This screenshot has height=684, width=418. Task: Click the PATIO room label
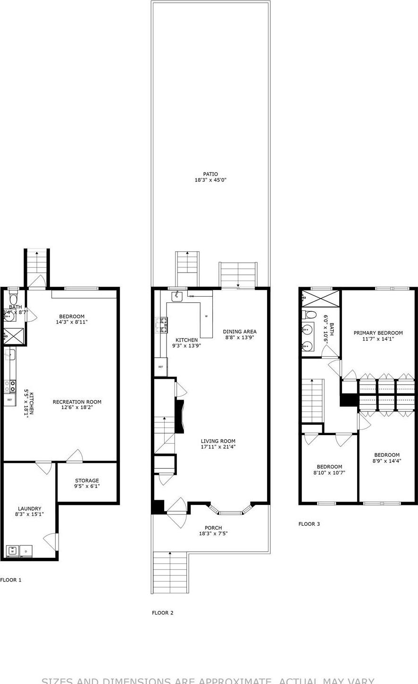(210, 174)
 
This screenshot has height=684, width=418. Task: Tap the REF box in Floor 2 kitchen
(160, 367)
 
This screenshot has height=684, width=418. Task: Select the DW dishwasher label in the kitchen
(192, 296)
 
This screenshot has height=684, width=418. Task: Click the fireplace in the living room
(179, 416)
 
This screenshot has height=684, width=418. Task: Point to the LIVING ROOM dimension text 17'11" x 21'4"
(218, 447)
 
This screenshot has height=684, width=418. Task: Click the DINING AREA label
(240, 332)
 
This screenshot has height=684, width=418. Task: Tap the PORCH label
(213, 528)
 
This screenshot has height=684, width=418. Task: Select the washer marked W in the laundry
(13, 551)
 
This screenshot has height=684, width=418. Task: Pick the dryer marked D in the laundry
(26, 551)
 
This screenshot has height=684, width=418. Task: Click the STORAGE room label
(87, 480)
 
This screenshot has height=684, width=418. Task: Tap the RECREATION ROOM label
(77, 402)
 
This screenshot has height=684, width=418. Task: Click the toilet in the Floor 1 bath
(13, 299)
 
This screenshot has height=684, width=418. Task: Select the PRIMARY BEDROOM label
(378, 333)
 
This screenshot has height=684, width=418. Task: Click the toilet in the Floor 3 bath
(310, 315)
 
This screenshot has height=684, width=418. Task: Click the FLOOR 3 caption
(309, 524)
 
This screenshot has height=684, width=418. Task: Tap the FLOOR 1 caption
(11, 580)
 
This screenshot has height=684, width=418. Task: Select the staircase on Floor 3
(312, 401)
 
